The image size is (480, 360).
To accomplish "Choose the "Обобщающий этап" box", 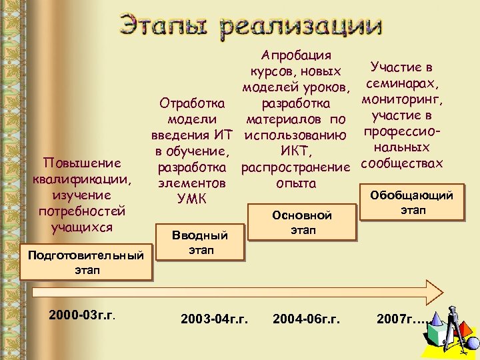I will tap(411, 203).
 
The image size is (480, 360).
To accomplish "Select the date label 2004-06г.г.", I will tap(306, 319).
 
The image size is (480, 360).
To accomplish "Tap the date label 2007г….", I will tap(401, 319).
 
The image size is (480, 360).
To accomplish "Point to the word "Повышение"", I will tap(81, 163).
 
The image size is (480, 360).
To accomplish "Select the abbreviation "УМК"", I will tap(192, 199).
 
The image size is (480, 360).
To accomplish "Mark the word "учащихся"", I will tap(82, 227).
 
